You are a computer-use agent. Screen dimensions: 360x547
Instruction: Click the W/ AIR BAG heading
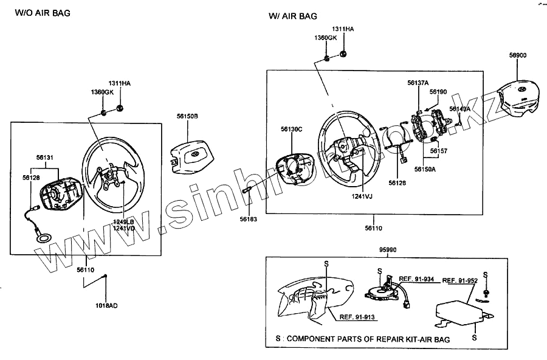(293, 16)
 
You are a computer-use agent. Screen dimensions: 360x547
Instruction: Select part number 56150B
(188, 116)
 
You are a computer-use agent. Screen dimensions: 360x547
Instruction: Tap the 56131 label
(45, 157)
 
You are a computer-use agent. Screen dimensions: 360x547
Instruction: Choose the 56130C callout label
(292, 129)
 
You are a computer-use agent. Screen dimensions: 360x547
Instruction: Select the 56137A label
(418, 83)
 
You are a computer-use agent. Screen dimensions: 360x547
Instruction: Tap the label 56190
(438, 92)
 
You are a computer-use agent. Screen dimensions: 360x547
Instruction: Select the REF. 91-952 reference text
(459, 280)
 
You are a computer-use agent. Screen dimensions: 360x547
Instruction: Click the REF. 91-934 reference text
(416, 279)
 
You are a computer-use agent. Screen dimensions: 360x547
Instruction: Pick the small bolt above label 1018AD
(106, 277)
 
